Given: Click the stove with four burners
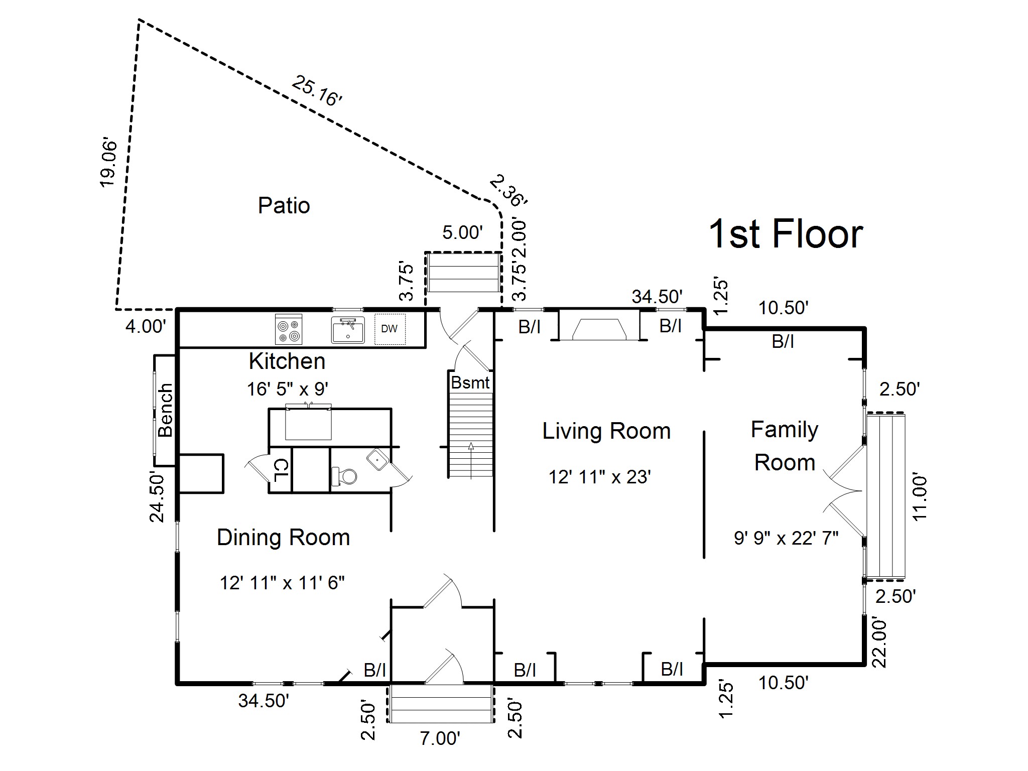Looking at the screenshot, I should pos(289,329).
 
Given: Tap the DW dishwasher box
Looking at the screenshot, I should pos(390,329).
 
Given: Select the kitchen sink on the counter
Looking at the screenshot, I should pos(348,330).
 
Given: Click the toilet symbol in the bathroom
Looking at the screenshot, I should pos(345,475).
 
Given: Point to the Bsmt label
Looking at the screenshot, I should pos(470,382).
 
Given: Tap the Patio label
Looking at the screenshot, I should pos(284,205).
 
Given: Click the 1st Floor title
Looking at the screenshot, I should pos(785,234).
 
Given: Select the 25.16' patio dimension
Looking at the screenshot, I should pos(317,91).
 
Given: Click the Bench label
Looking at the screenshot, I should pos(165,410).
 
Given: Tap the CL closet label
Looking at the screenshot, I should pos(281,472).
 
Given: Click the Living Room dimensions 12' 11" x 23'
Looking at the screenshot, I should pos(599,476).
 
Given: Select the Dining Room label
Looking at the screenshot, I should pos(283,538).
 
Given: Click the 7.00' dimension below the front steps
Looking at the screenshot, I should pos(440,738).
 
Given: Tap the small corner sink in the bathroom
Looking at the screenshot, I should pos(376,459).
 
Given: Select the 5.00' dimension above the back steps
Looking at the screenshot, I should pos(462,232).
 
